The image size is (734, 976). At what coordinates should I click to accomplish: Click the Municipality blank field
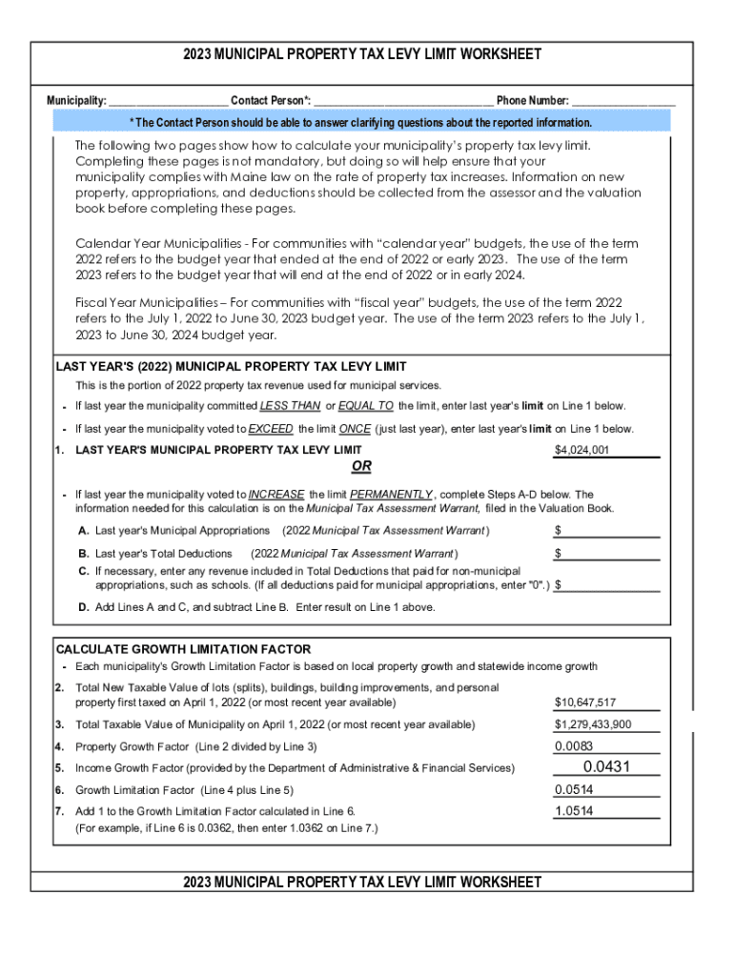[x=168, y=101]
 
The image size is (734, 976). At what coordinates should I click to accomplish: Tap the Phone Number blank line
[x=623, y=101]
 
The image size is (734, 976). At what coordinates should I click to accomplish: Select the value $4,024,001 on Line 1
[x=582, y=451]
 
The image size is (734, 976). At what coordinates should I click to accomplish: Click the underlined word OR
[x=361, y=467]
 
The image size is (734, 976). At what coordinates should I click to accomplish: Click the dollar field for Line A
[x=607, y=530]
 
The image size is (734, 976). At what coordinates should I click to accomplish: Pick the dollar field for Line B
[x=607, y=554]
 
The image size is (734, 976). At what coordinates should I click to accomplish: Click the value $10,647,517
[x=585, y=702]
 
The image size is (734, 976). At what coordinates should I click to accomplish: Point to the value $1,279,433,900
[x=593, y=724]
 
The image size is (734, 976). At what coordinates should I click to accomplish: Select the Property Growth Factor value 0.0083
[x=575, y=746]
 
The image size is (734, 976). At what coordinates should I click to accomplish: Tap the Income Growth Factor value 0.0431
[x=606, y=767]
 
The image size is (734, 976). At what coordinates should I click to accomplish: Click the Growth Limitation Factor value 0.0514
[x=575, y=789]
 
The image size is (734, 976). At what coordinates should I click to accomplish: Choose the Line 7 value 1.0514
[x=575, y=811]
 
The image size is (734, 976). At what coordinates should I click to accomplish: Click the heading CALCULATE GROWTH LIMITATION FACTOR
[x=183, y=649]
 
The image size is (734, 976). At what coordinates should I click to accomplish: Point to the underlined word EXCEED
[x=271, y=429]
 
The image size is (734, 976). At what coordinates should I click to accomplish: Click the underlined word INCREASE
[x=276, y=495]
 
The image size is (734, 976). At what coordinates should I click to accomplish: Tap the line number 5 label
[x=59, y=768]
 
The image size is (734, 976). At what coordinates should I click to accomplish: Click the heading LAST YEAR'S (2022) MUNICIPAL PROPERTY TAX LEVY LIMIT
[x=232, y=367]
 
